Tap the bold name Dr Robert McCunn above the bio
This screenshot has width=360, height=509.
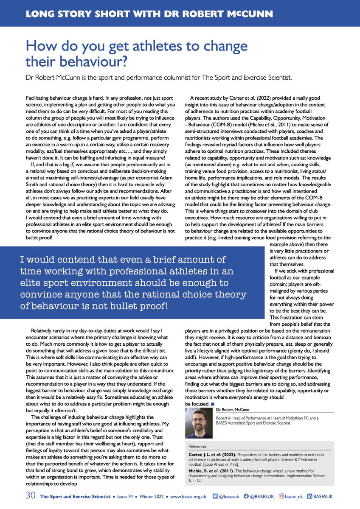click(233, 410)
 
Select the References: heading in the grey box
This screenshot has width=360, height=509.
click(199, 447)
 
